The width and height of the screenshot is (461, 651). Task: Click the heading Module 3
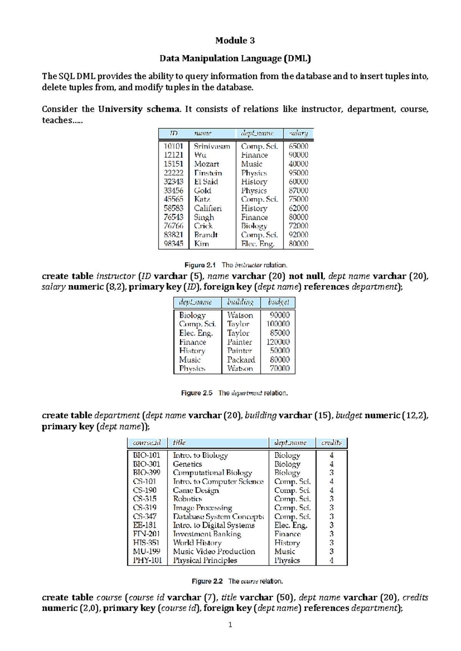click(x=235, y=40)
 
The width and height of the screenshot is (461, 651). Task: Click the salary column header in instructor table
click(x=298, y=133)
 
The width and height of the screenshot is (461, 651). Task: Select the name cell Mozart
click(x=206, y=164)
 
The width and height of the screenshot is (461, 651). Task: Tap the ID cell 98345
click(x=173, y=244)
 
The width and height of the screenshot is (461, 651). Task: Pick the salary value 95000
click(x=298, y=173)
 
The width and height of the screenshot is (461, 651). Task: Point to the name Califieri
click(x=208, y=208)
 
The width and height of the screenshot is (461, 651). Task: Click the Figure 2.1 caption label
click(x=200, y=265)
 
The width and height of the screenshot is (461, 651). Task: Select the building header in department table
click(x=240, y=302)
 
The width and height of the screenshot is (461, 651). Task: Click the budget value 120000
click(x=278, y=342)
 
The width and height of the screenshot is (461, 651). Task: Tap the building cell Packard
click(x=241, y=360)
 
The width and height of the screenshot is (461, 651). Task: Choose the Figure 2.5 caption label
click(x=196, y=393)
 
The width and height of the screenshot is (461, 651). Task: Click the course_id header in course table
click(x=147, y=443)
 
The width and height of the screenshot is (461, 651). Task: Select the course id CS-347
click(x=145, y=517)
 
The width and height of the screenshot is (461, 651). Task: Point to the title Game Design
click(x=196, y=490)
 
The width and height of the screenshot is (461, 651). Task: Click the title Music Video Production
click(x=214, y=552)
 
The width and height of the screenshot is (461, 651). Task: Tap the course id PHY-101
click(x=147, y=560)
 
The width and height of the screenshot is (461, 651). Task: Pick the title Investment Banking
click(x=207, y=534)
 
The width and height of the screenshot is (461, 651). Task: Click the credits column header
click(x=331, y=443)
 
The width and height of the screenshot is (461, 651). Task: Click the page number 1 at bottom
click(x=230, y=625)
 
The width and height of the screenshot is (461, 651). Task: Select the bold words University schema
click(x=139, y=109)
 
